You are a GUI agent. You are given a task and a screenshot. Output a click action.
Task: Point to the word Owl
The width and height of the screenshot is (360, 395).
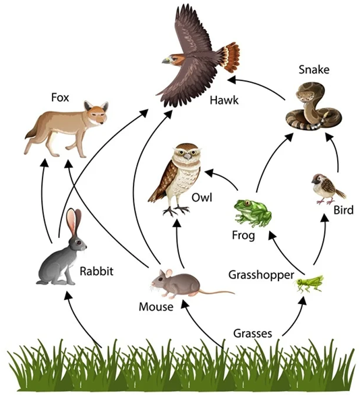(201, 199)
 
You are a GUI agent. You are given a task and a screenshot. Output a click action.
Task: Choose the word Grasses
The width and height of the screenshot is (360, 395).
(252, 333)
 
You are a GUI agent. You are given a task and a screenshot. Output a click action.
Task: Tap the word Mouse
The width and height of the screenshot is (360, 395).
(155, 307)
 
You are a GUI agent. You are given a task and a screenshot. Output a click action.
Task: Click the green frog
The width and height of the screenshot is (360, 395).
(253, 213)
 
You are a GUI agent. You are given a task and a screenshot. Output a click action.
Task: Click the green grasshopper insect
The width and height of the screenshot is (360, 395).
(309, 282)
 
